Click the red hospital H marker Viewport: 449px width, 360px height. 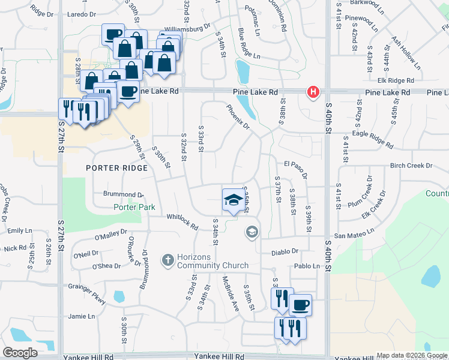(x=313, y=92)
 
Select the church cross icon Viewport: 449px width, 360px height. (x=167, y=260)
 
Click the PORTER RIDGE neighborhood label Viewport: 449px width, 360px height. (x=116, y=168)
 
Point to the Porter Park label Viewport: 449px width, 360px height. (x=135, y=208)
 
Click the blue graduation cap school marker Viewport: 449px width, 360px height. (x=232, y=200)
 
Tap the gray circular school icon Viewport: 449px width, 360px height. (x=252, y=232)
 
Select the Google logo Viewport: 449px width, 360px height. (x=20, y=353)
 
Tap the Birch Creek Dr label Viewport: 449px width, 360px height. (x=411, y=166)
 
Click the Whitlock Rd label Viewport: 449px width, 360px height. (x=182, y=221)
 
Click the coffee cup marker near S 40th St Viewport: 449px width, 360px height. (x=300, y=304)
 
